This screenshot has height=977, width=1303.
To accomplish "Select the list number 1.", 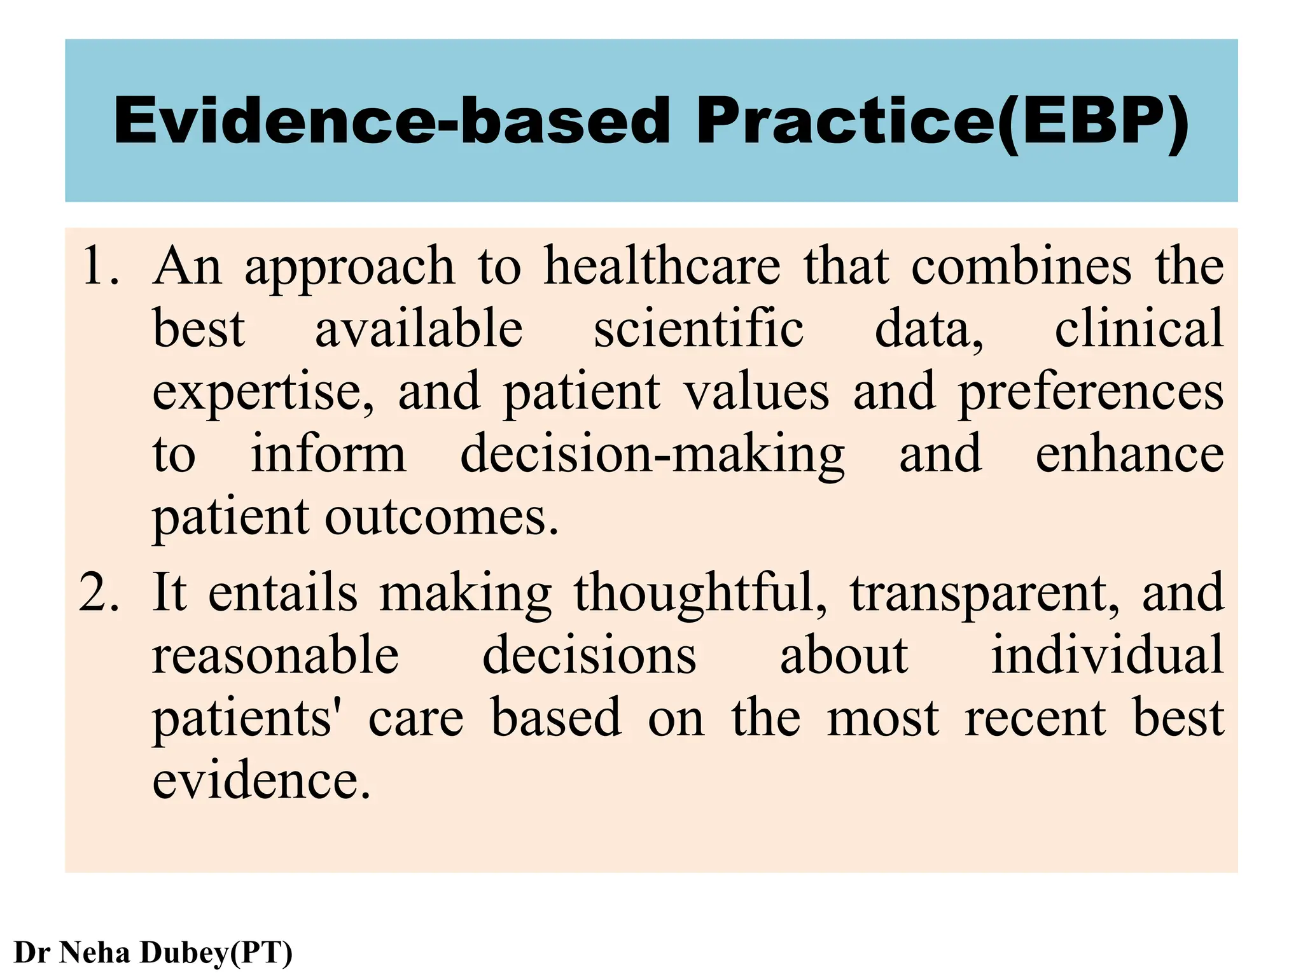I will click(x=100, y=266).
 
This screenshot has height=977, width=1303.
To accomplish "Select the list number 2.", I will click(x=99, y=592).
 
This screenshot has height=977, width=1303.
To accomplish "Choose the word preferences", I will click(x=1090, y=393).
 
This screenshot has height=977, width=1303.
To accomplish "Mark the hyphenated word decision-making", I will click(x=652, y=455).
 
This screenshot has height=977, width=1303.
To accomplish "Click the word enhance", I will click(x=1129, y=454).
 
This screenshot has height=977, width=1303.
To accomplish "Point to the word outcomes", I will click(x=442, y=517).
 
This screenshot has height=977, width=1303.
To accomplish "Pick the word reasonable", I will click(x=275, y=655).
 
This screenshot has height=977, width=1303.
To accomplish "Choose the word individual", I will click(x=1107, y=655).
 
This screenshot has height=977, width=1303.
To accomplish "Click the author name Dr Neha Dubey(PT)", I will click(x=153, y=952).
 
